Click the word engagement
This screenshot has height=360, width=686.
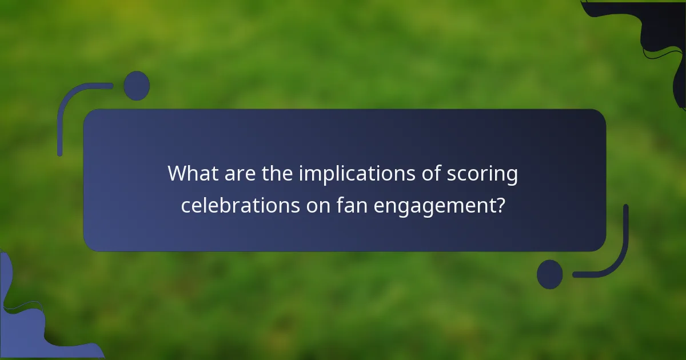click(x=434, y=206)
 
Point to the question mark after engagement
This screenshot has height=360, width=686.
click(x=500, y=205)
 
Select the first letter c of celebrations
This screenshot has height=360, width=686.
click(x=185, y=205)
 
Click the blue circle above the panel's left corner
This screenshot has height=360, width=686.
click(x=137, y=86)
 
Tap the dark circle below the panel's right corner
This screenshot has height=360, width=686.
click(x=550, y=274)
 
